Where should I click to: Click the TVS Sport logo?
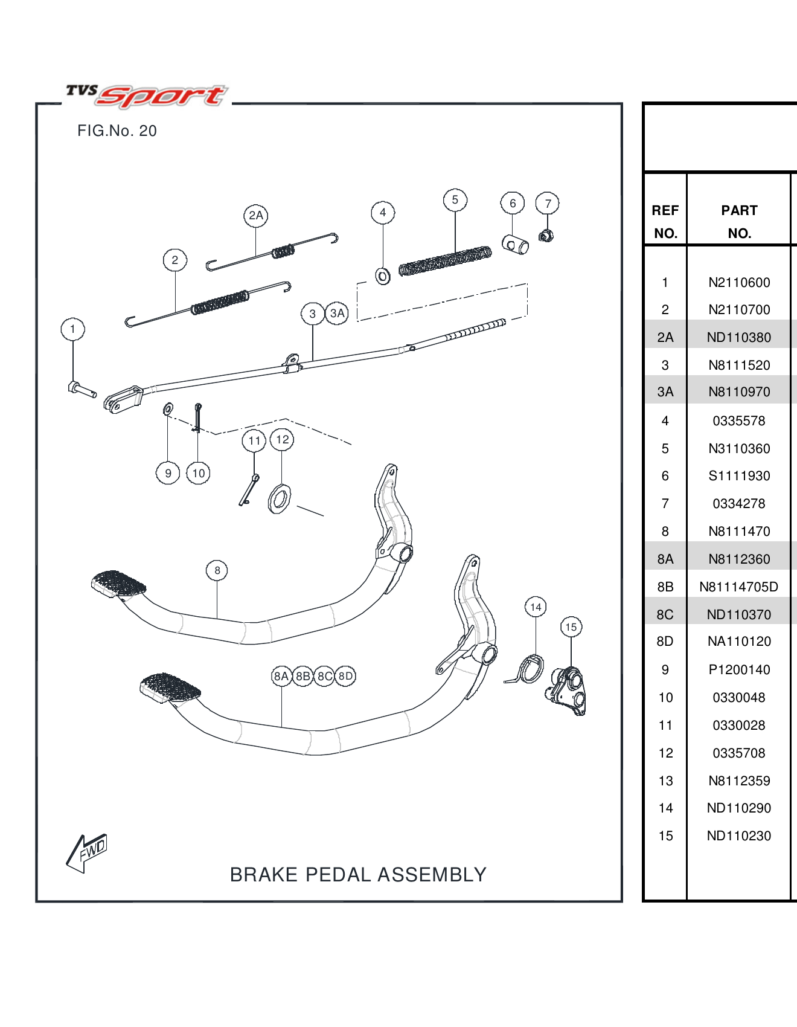(x=147, y=95)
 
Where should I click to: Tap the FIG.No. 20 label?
(x=117, y=131)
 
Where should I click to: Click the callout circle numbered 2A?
(x=256, y=216)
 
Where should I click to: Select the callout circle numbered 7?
(x=548, y=204)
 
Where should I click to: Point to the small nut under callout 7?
(x=546, y=236)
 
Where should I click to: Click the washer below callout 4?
(x=383, y=277)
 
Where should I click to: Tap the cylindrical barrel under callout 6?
(x=515, y=245)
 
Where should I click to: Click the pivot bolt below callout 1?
(x=81, y=389)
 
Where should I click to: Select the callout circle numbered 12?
(x=282, y=439)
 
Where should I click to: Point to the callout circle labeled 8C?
(x=325, y=676)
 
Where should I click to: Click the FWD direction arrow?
(x=86, y=852)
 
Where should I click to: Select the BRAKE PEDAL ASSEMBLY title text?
(x=358, y=874)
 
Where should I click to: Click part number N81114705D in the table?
(x=738, y=587)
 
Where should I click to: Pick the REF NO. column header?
(x=665, y=222)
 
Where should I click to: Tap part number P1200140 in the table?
(x=739, y=669)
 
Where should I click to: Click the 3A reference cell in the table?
(x=665, y=391)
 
